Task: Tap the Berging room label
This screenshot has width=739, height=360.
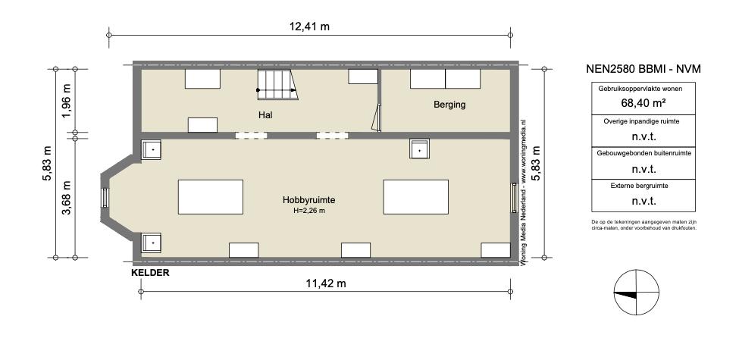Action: point(449,105)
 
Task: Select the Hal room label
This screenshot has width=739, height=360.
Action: point(265,114)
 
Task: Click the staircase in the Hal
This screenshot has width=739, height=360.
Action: point(277,85)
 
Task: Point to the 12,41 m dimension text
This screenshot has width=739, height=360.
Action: point(309,27)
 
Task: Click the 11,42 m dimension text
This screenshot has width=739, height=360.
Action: point(326,283)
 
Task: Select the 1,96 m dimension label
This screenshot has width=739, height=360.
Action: point(67,101)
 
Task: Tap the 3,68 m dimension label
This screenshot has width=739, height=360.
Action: point(67,198)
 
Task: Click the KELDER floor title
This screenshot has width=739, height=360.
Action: point(150,272)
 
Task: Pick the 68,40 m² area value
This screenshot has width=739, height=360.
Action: point(643,103)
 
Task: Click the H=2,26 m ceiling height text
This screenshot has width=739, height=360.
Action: point(308,211)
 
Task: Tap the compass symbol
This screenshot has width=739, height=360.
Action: point(636,292)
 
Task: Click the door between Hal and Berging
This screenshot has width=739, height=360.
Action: point(377,117)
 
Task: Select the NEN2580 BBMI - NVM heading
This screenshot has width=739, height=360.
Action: point(643,69)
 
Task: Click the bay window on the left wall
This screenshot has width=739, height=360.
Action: point(105,198)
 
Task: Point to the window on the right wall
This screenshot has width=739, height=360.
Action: point(514,198)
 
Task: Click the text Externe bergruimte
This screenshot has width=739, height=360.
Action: point(639,186)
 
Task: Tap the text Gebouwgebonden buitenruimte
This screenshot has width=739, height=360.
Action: point(643,153)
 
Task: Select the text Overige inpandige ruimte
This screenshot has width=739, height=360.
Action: point(641,121)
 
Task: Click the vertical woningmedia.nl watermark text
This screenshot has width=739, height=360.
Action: point(523,193)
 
